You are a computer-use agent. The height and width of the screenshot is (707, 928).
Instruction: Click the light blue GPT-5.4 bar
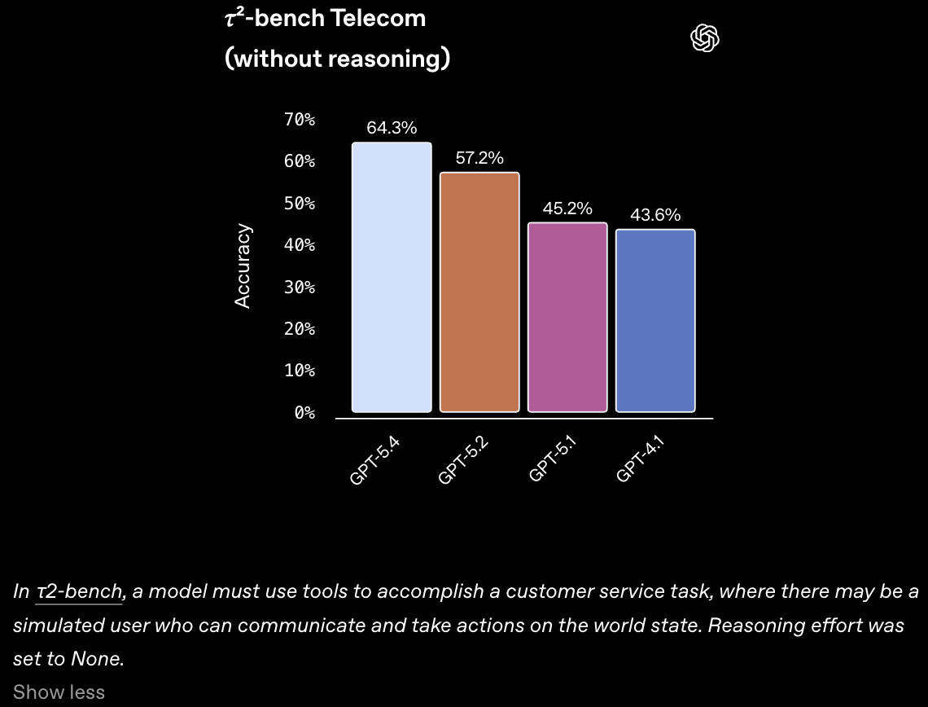click(x=392, y=277)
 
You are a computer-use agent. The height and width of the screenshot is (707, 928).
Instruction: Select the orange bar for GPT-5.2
click(x=479, y=292)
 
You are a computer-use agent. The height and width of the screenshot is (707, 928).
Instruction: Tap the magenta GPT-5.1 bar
click(x=567, y=317)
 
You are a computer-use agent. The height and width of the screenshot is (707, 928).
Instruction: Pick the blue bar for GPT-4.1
click(x=655, y=320)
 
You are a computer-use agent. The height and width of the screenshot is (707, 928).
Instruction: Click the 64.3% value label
click(x=392, y=128)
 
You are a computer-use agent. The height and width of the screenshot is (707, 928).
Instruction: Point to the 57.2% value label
click(x=479, y=158)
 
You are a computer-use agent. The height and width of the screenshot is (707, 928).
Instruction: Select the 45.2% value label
click(x=567, y=209)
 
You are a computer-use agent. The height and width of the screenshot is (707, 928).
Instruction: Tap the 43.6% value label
click(x=655, y=215)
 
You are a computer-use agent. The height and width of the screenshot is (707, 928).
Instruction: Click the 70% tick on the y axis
click(x=300, y=120)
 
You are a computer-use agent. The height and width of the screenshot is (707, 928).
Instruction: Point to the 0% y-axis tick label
click(x=304, y=413)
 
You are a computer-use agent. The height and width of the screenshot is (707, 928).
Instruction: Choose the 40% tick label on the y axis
click(x=300, y=245)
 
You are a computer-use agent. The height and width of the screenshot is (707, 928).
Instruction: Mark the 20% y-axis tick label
click(x=300, y=329)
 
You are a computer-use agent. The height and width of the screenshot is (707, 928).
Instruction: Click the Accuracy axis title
click(x=243, y=266)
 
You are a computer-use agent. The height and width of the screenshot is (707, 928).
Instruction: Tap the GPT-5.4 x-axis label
click(x=374, y=461)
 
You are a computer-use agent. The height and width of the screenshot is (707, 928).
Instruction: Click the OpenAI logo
click(x=705, y=37)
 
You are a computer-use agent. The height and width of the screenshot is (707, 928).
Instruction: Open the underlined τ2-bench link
click(x=79, y=591)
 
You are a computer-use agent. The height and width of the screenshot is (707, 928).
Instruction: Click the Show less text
click(x=59, y=692)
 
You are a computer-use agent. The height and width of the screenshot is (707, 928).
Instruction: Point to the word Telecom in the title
click(x=379, y=18)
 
